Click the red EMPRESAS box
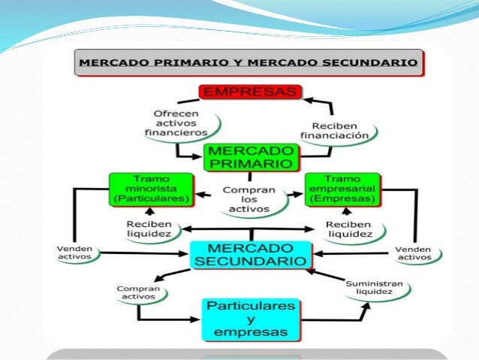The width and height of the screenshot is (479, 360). click(x=250, y=92)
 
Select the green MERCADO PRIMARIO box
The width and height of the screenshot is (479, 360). click(x=251, y=156)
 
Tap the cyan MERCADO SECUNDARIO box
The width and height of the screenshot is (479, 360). click(x=249, y=254)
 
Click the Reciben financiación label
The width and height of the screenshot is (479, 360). click(x=334, y=130)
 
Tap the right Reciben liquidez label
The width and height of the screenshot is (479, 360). click(x=349, y=228)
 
